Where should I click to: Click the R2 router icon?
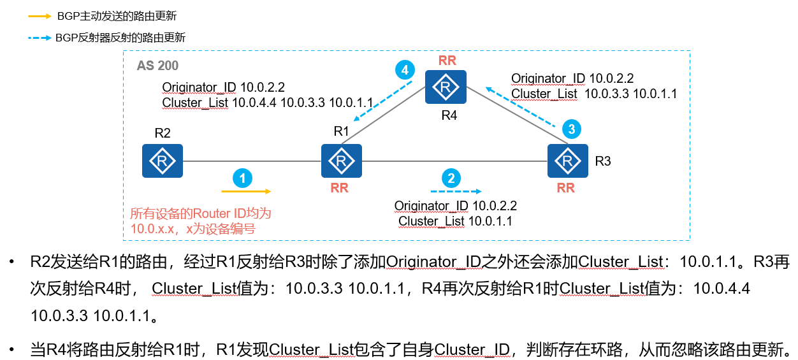click(163, 160)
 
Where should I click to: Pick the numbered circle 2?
click(451, 178)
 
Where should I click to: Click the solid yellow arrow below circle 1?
click(247, 191)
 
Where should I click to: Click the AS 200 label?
click(157, 66)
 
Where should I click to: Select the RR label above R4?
click(447, 61)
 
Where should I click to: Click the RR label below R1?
click(339, 188)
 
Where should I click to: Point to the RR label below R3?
click(565, 188)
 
